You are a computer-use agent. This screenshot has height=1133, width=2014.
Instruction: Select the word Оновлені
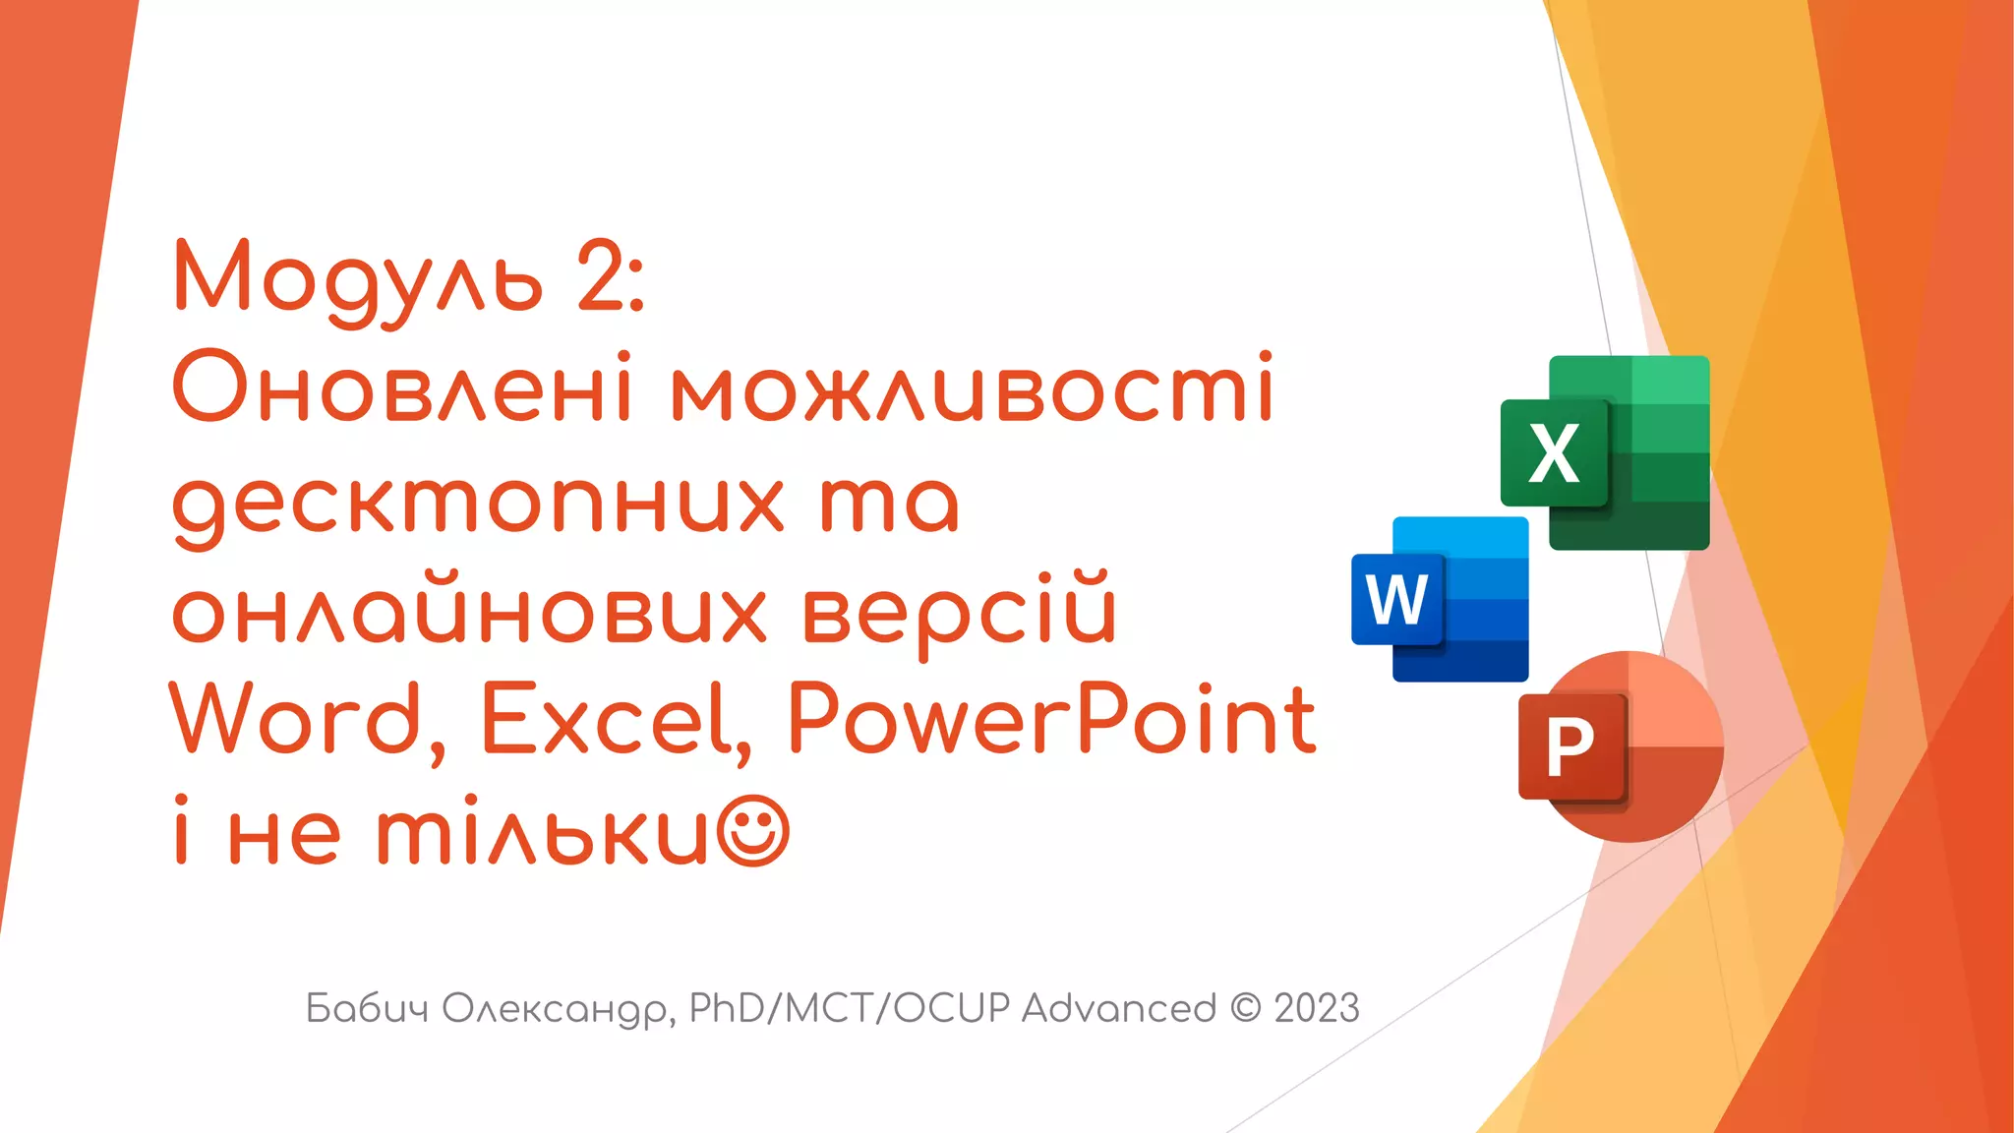[x=401, y=389]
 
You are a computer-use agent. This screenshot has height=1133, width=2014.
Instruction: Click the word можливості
[x=972, y=389]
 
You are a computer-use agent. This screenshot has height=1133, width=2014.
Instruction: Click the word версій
[x=960, y=612]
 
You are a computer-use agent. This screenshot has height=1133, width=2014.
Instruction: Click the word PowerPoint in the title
[x=1050, y=720]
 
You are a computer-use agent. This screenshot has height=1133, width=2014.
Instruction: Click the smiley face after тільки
[x=753, y=832]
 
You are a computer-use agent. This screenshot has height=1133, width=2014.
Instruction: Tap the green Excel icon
[x=1605, y=452]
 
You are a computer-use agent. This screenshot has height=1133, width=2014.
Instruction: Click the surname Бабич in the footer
[x=367, y=1008]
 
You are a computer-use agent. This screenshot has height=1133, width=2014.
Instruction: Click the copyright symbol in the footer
[x=1245, y=1008]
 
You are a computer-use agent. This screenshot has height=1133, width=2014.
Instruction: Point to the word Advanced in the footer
[x=1118, y=1008]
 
